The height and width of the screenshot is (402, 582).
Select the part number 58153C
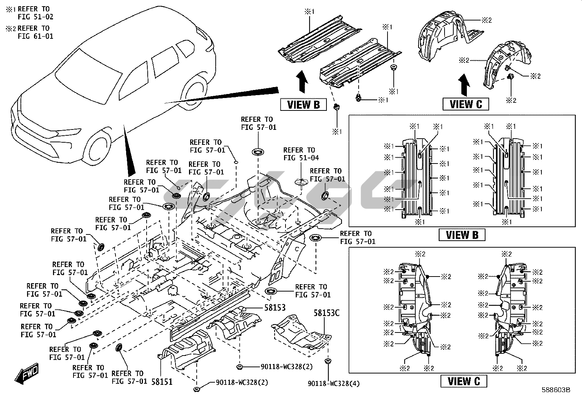coord(326,313)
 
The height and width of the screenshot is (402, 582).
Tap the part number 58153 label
coord(275,308)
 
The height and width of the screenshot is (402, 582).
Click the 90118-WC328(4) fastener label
coord(334,384)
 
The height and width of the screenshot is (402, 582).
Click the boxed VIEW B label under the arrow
coord(303,105)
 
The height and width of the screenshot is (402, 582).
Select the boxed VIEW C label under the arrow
coord(465,104)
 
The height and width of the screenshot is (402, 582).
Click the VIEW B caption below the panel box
coord(462,235)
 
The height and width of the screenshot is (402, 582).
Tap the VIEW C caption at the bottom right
coord(463,381)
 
